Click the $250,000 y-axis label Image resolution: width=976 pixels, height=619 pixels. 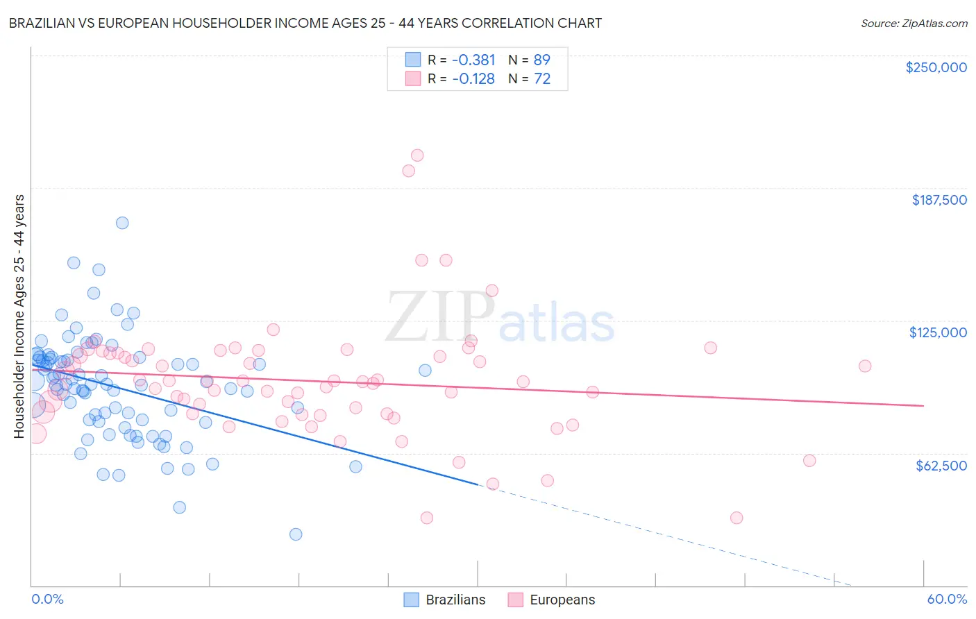tap(936, 67)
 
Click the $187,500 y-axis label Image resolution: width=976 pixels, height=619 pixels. tap(939, 200)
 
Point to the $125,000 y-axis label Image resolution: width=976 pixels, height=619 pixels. tap(938, 332)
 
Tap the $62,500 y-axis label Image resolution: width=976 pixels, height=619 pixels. tap(941, 466)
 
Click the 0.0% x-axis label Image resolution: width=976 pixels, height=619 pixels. tap(47, 599)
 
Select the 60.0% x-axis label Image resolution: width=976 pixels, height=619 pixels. tap(946, 599)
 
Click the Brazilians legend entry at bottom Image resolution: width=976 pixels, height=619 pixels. tap(455, 600)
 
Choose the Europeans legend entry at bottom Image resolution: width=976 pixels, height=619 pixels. tap(562, 600)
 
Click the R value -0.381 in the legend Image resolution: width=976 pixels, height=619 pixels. tap(473, 60)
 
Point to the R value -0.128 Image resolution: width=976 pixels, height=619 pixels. tap(473, 79)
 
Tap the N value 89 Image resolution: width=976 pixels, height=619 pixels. tap(541, 60)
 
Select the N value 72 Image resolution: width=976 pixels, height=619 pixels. tap(541, 79)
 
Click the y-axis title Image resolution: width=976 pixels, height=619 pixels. tap(19, 316)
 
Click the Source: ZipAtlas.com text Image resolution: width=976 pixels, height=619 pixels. tap(914, 23)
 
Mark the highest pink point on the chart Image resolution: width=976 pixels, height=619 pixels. tap(417, 155)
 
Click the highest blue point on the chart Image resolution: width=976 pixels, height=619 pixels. tap(122, 223)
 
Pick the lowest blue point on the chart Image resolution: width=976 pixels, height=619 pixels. tap(296, 534)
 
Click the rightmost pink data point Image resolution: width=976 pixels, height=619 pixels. tap(864, 366)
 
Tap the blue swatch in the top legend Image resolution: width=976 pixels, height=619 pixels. tap(412, 60)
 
